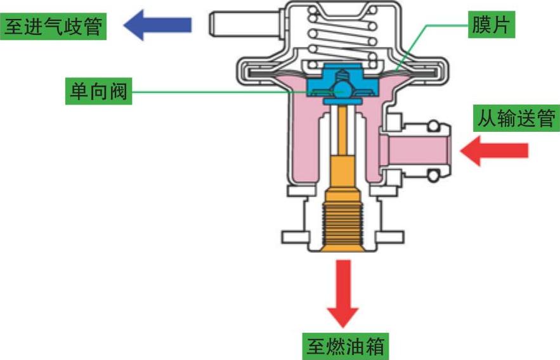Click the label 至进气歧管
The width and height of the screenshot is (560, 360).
pos(53,26)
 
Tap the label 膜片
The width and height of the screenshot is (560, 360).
pos(492,25)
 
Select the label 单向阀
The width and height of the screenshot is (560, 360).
pos(96,93)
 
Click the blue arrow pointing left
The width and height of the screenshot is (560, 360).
pos(157,25)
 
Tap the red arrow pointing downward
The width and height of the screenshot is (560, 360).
pos(343,291)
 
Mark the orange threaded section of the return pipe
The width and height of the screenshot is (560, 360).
pos(342,225)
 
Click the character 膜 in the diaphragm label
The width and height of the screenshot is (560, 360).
pos(480,25)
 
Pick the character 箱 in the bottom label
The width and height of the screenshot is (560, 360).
pos(375,346)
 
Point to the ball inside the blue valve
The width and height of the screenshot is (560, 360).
pos(342,87)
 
